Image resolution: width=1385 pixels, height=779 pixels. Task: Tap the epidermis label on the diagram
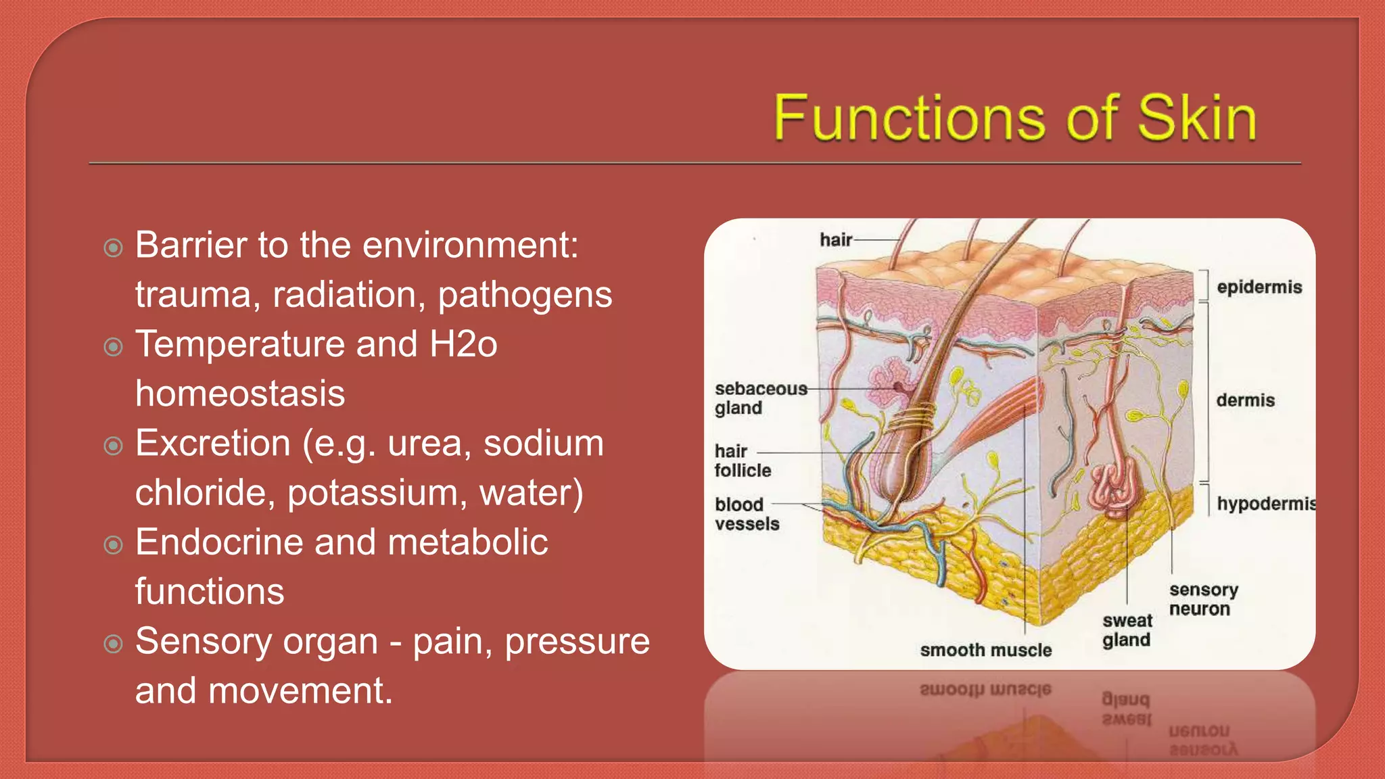click(x=1259, y=287)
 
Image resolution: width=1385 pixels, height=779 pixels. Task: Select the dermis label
click(x=1245, y=400)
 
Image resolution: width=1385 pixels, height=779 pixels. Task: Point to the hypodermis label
click(x=1265, y=504)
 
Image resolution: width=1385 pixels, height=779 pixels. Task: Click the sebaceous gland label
click(x=759, y=398)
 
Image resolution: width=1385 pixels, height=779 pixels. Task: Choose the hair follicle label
click(x=742, y=461)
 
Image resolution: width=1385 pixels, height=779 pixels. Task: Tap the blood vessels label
click(x=746, y=514)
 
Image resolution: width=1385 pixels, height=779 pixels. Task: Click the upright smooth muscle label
click(x=985, y=651)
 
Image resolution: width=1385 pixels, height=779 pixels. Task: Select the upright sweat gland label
click(x=1127, y=630)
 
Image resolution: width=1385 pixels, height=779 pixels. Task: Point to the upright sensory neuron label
click(x=1202, y=599)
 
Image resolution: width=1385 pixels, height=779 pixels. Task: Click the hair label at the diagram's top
click(x=835, y=240)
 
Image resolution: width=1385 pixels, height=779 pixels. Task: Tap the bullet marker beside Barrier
click(x=114, y=247)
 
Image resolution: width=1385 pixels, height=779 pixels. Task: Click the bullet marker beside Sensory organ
click(x=114, y=644)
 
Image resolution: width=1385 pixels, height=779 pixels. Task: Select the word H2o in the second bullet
click(x=463, y=344)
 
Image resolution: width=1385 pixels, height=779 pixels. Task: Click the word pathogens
click(x=525, y=296)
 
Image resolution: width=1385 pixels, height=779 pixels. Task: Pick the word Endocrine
click(x=218, y=542)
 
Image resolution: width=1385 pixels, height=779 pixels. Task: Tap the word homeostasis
click(x=240, y=394)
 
